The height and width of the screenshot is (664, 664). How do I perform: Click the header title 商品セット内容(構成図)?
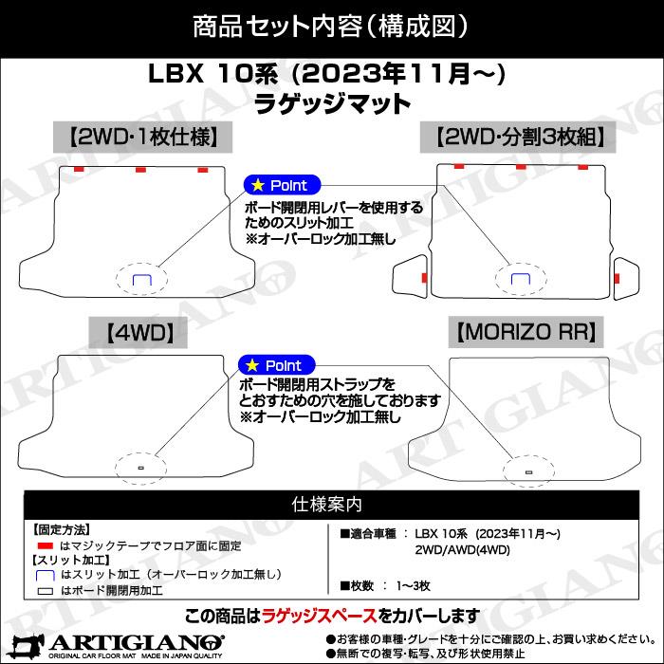[x=331, y=26]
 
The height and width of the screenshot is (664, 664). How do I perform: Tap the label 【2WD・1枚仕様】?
[x=143, y=137]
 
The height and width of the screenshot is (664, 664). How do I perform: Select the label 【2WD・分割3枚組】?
[x=521, y=137]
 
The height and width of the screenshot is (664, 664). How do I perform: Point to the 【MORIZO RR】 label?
[x=525, y=332]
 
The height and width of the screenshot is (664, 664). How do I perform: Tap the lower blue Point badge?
[x=275, y=365]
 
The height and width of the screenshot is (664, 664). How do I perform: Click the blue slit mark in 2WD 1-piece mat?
[x=141, y=279]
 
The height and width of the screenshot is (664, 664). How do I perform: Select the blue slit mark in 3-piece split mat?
[x=520, y=278]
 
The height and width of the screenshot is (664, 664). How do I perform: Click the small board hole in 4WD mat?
[x=140, y=468]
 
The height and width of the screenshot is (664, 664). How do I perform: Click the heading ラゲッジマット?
[x=332, y=101]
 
